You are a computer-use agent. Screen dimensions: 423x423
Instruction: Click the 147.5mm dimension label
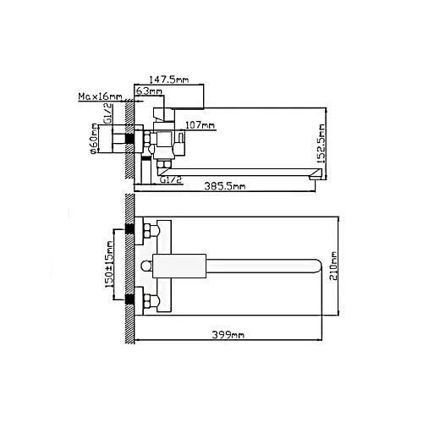[x=168, y=80]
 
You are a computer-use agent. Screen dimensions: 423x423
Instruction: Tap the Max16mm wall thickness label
[x=100, y=96]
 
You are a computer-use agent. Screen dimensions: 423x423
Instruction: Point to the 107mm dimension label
[x=200, y=124]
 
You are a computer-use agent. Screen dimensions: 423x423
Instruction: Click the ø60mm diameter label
[x=94, y=139]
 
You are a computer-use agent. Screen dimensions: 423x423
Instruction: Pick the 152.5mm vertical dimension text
[x=321, y=144]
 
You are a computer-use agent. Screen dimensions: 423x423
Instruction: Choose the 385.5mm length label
[x=225, y=186]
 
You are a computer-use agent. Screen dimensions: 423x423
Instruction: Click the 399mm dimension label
[x=228, y=335]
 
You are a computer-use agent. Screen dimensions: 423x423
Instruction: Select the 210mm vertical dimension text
[x=333, y=266]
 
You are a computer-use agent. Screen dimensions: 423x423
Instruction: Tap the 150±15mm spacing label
[x=109, y=265]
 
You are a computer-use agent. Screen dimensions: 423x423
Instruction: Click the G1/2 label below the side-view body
[x=171, y=179]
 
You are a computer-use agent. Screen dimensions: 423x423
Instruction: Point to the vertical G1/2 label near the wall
[x=108, y=113]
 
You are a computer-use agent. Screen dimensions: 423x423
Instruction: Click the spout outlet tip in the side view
[x=316, y=178]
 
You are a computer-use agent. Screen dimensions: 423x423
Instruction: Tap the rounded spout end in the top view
[x=319, y=266]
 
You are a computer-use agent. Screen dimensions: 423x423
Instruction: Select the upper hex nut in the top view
[x=147, y=230]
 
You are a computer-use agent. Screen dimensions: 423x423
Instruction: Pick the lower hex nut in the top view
[x=147, y=301]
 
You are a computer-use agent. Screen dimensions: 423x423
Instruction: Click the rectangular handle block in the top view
[x=179, y=266]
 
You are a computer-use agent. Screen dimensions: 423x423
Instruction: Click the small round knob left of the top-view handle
[x=146, y=266]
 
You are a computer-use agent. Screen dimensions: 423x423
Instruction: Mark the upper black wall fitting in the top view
[x=129, y=228]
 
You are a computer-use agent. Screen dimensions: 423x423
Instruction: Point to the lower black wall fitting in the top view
[x=129, y=299]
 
